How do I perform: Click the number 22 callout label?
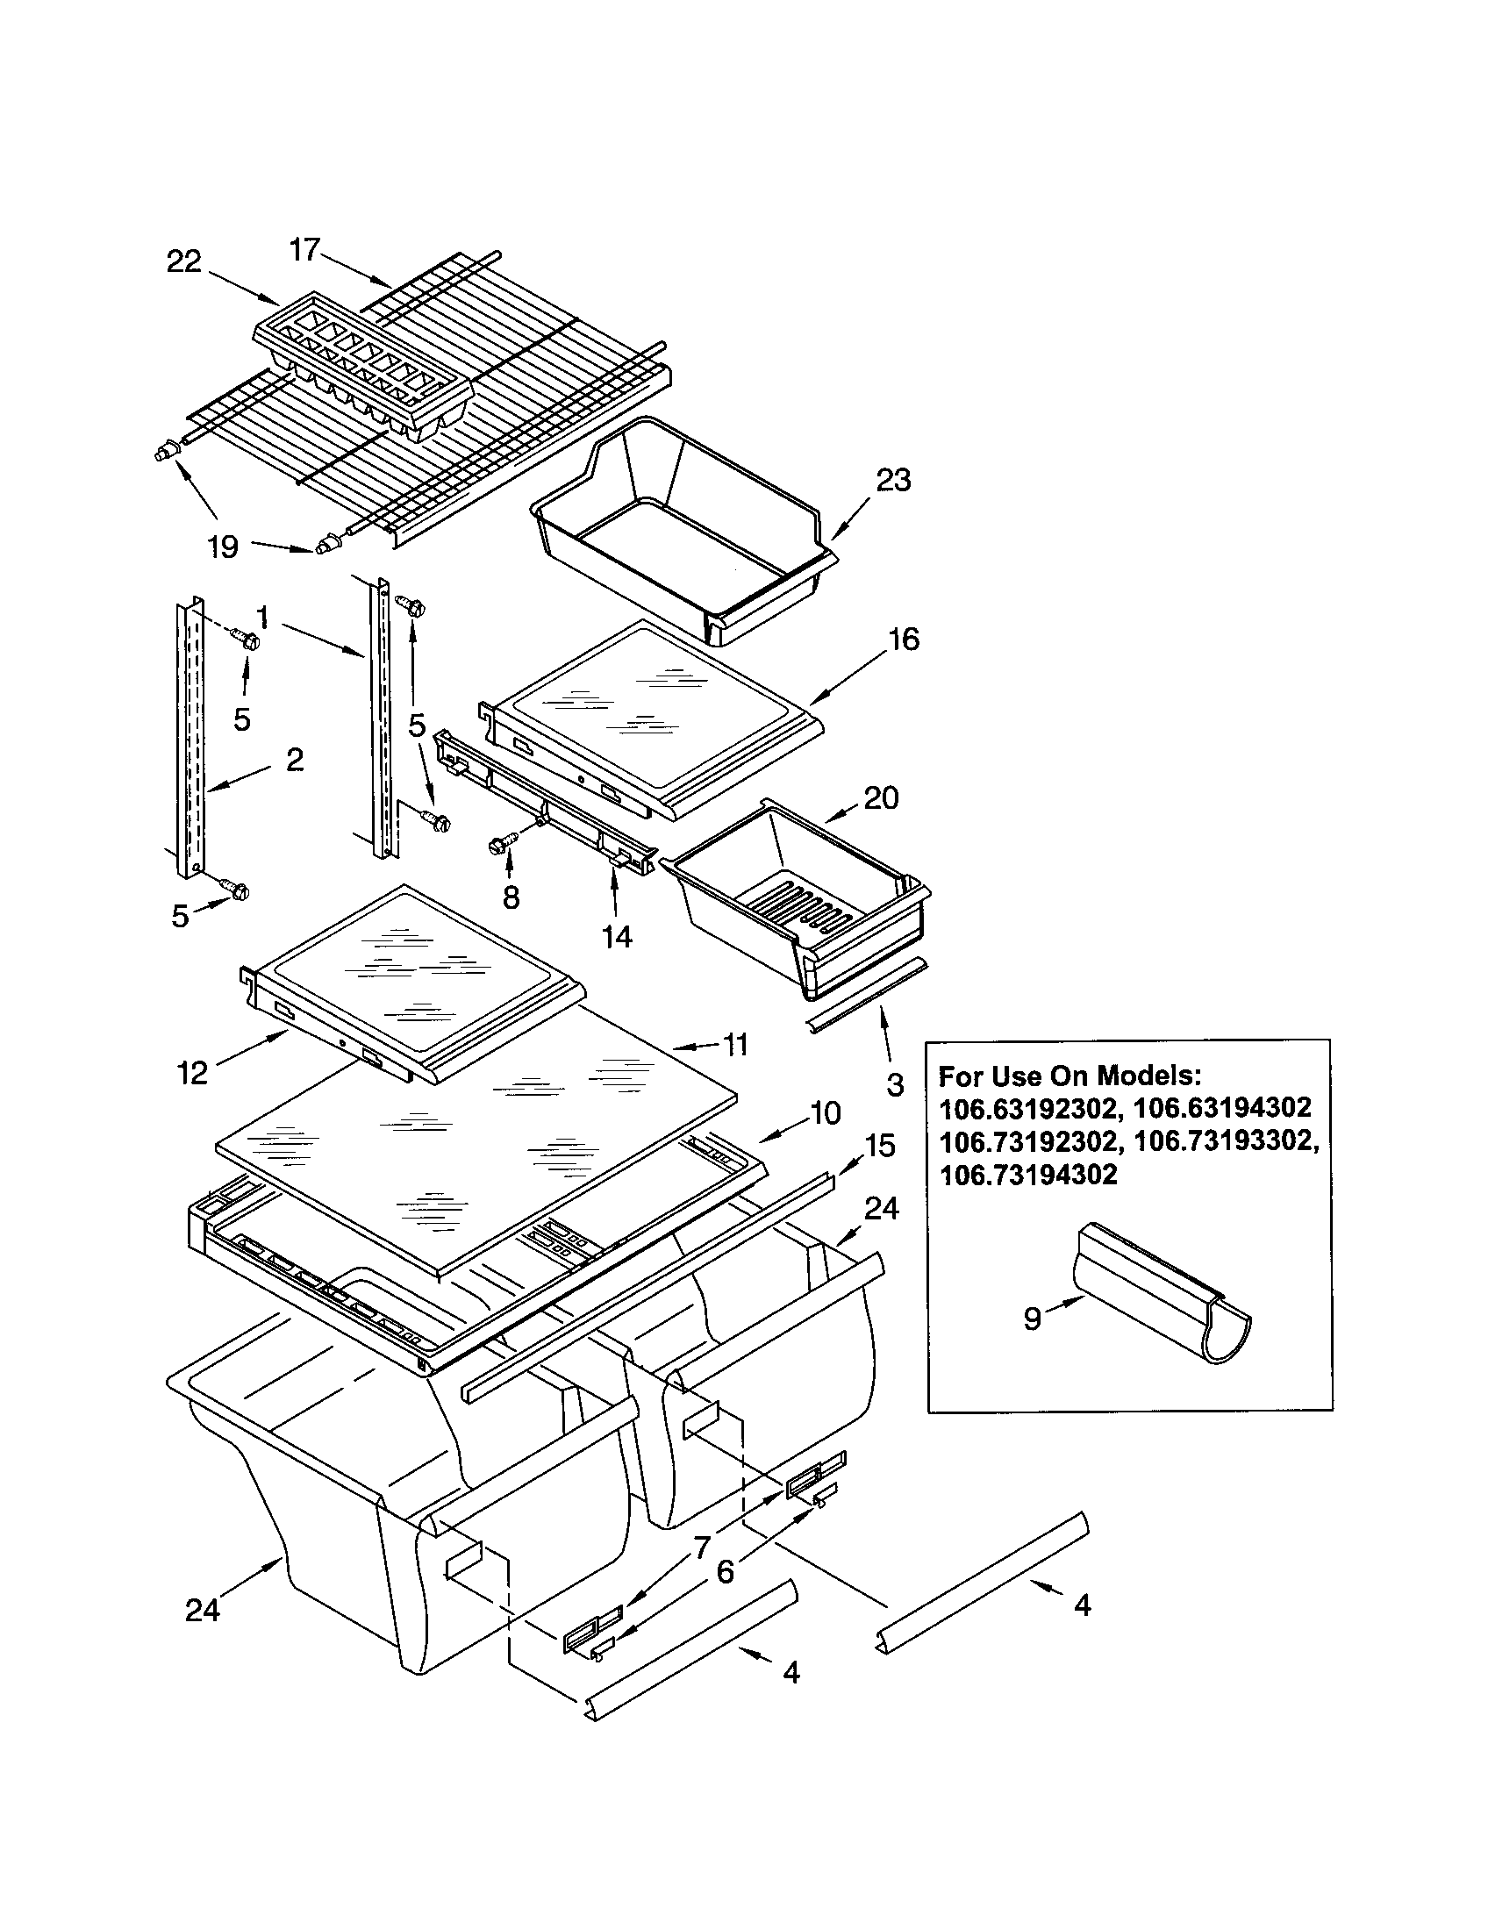pos(183,261)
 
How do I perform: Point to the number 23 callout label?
pos(893,480)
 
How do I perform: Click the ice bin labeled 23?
pos(680,521)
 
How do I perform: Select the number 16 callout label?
pos(903,639)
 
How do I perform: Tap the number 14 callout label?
pos(617,936)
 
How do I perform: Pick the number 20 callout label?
pos(881,797)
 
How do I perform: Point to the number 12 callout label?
pos(192,1073)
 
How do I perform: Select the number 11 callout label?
pos(735,1045)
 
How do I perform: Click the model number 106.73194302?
pos(1027,1175)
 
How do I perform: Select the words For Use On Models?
pos(1069,1076)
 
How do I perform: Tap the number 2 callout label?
pos(295,758)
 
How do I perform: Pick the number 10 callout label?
pos(825,1112)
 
